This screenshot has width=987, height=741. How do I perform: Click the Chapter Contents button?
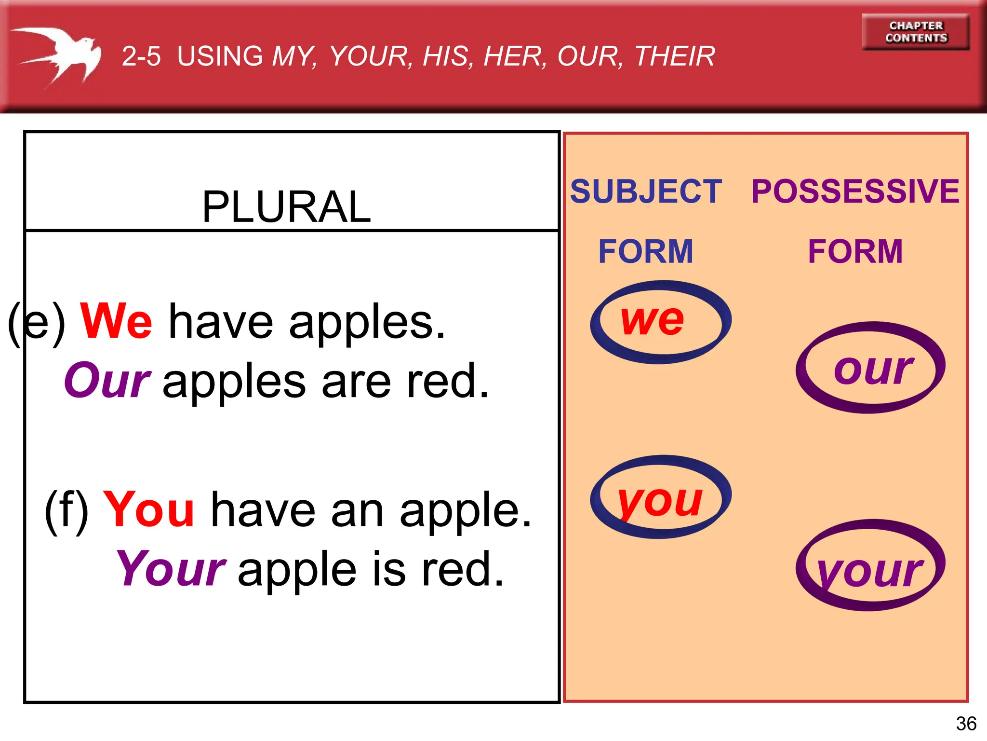pyautogui.click(x=916, y=32)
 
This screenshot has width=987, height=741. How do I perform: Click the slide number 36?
pyautogui.click(x=966, y=724)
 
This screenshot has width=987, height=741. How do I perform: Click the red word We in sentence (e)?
pyautogui.click(x=116, y=321)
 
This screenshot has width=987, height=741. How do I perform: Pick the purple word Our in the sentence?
pyautogui.click(x=107, y=381)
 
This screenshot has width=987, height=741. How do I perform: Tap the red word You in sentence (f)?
pyautogui.click(x=148, y=509)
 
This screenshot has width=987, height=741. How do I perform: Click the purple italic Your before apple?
pyautogui.click(x=171, y=569)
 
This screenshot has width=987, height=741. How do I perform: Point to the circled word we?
pyautogui.click(x=652, y=320)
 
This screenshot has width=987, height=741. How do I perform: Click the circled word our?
pyautogui.click(x=873, y=369)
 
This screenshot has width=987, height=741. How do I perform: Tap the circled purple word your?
pyautogui.click(x=870, y=572)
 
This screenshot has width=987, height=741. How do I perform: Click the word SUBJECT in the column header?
pyautogui.click(x=646, y=191)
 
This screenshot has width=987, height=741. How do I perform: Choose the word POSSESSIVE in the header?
pyautogui.click(x=855, y=191)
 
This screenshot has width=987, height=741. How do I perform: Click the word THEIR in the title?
pyautogui.click(x=675, y=56)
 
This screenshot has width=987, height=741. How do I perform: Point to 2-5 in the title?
pyautogui.click(x=141, y=56)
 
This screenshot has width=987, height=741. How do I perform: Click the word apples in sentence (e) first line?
pyautogui.click(x=367, y=322)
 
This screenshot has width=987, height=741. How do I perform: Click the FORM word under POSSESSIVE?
pyautogui.click(x=855, y=251)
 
